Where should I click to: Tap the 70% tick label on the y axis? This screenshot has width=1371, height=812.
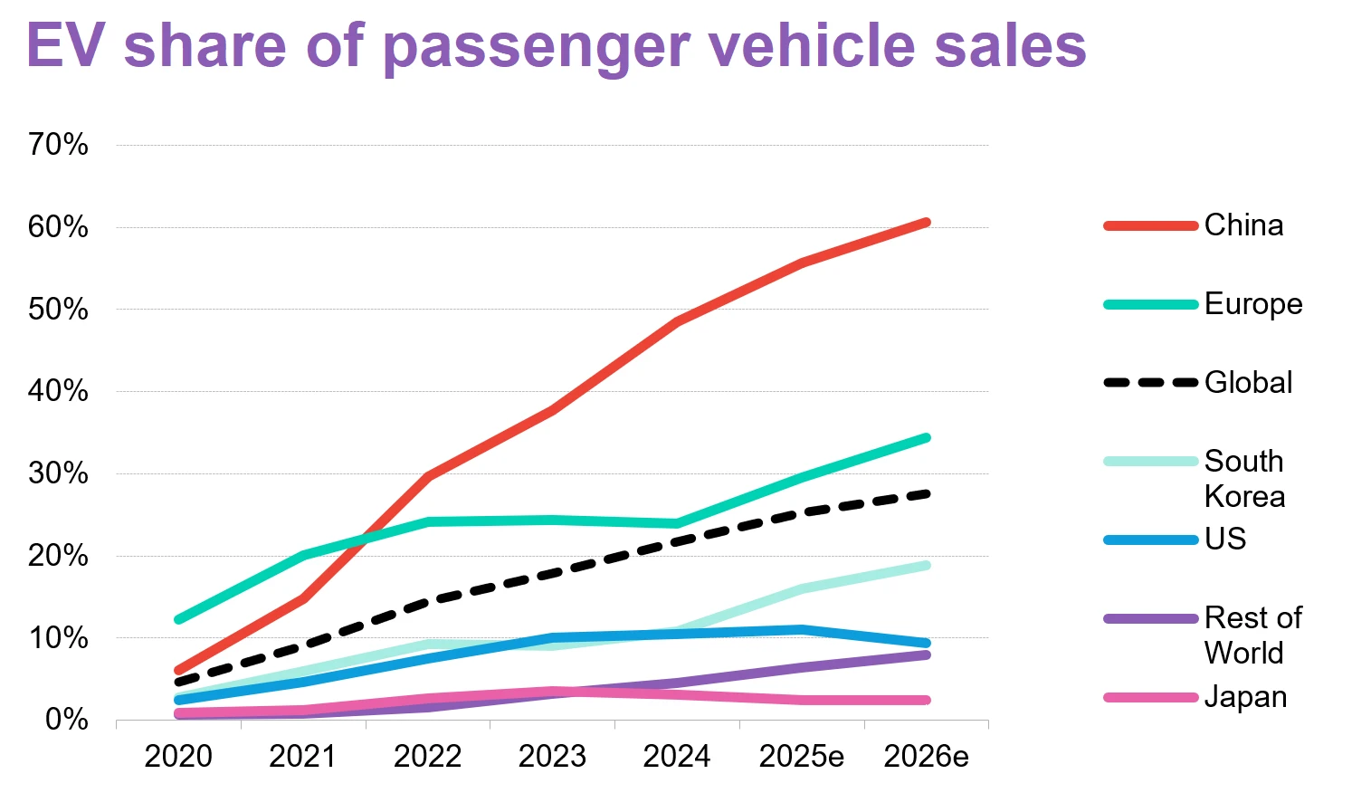coord(58,145)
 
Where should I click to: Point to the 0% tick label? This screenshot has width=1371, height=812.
coord(67,721)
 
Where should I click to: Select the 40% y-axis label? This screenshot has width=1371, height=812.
coord(58,392)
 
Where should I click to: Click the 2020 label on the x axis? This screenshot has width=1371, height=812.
coord(178,757)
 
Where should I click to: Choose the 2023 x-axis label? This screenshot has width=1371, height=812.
coord(552,757)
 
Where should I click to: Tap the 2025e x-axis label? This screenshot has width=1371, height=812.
coord(801,757)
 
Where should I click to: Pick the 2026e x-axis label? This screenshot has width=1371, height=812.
coord(926,757)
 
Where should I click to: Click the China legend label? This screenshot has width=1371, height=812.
coord(1243,225)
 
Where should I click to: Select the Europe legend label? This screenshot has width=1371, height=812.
coord(1253,304)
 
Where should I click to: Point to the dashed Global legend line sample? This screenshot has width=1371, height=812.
coord(1150,383)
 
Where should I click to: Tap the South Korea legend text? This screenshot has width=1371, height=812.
coord(1244,479)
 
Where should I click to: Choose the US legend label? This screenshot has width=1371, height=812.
coord(1225,540)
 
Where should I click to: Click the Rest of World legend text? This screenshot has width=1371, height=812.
coord(1252,635)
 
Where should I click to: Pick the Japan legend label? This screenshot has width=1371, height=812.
coord(1245,697)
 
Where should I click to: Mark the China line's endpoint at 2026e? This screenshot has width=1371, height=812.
coord(926,222)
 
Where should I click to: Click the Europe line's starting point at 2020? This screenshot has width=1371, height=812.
coord(178,620)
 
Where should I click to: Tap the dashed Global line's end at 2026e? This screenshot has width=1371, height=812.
coord(926,493)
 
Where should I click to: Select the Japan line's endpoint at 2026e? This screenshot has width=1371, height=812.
coord(926,700)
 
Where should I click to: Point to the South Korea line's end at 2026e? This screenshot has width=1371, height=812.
coord(926,566)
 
